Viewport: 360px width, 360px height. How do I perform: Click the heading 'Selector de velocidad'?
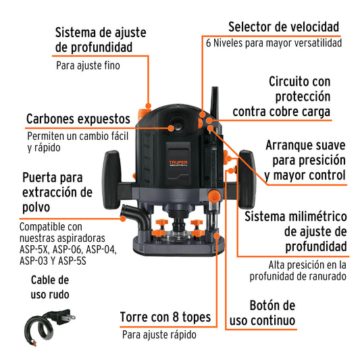[x=284, y=27]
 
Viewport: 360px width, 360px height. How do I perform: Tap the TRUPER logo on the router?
[x=178, y=163]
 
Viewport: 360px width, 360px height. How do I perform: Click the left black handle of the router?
[x=112, y=180]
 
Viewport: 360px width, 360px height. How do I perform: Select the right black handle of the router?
[x=247, y=179]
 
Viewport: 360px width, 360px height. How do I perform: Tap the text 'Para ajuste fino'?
[x=88, y=66]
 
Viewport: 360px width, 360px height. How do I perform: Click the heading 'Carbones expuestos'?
[x=78, y=119]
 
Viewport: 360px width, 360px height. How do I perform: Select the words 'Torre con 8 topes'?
[x=165, y=317]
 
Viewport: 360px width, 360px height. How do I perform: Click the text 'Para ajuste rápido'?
[x=159, y=334]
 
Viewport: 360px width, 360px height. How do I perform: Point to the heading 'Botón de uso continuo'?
[x=263, y=313]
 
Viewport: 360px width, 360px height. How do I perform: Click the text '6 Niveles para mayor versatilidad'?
[x=274, y=43]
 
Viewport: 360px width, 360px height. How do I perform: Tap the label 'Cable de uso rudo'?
[x=50, y=287]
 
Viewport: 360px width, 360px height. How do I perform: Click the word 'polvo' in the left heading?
[x=36, y=207]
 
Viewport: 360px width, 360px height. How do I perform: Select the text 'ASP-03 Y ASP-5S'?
[x=53, y=261]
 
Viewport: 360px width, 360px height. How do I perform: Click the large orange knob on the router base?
[x=214, y=196]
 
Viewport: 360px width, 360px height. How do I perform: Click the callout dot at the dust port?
[x=123, y=219]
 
